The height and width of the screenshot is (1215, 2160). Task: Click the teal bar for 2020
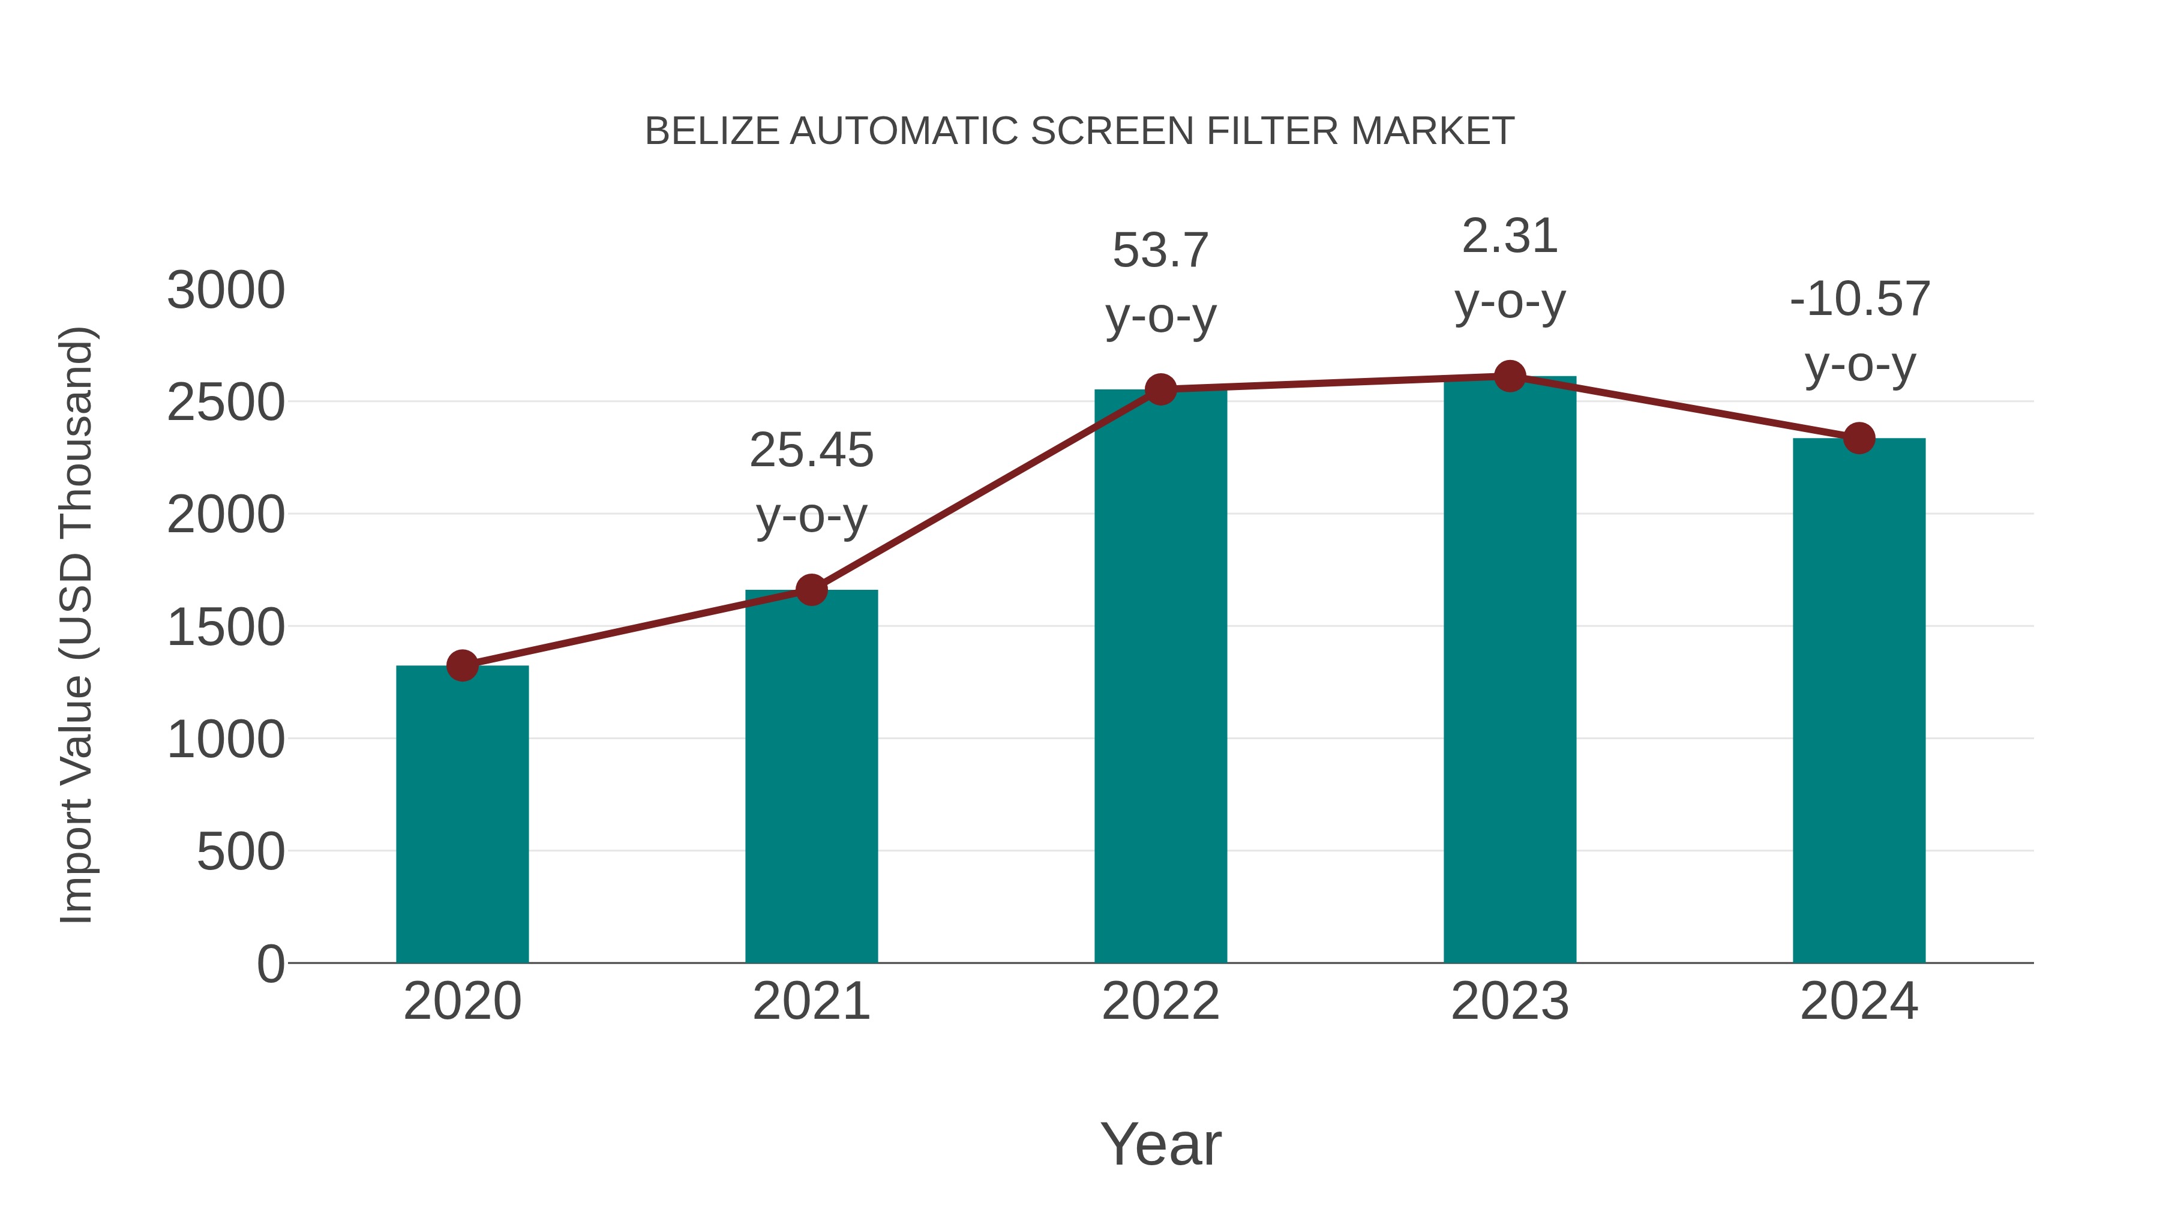point(462,814)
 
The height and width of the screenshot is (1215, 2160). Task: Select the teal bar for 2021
point(811,776)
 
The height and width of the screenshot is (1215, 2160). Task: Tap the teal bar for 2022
point(1160,675)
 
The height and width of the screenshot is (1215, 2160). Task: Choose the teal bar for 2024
point(1859,700)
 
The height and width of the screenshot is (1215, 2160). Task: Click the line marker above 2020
point(462,666)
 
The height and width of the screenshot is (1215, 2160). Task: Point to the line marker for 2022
point(1160,389)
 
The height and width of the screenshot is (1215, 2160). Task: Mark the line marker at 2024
point(1859,438)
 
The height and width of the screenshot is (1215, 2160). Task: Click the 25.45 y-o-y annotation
point(811,482)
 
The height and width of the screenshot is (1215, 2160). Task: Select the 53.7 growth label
point(1160,283)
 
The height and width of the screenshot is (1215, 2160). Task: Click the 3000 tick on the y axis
point(226,291)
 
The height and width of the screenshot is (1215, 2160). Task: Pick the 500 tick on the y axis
point(241,852)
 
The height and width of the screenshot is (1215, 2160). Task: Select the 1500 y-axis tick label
point(226,627)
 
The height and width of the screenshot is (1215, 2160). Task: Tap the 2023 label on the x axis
point(1510,1001)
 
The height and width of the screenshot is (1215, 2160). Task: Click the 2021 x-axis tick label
point(811,1001)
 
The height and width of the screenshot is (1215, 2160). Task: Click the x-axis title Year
point(1160,1144)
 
